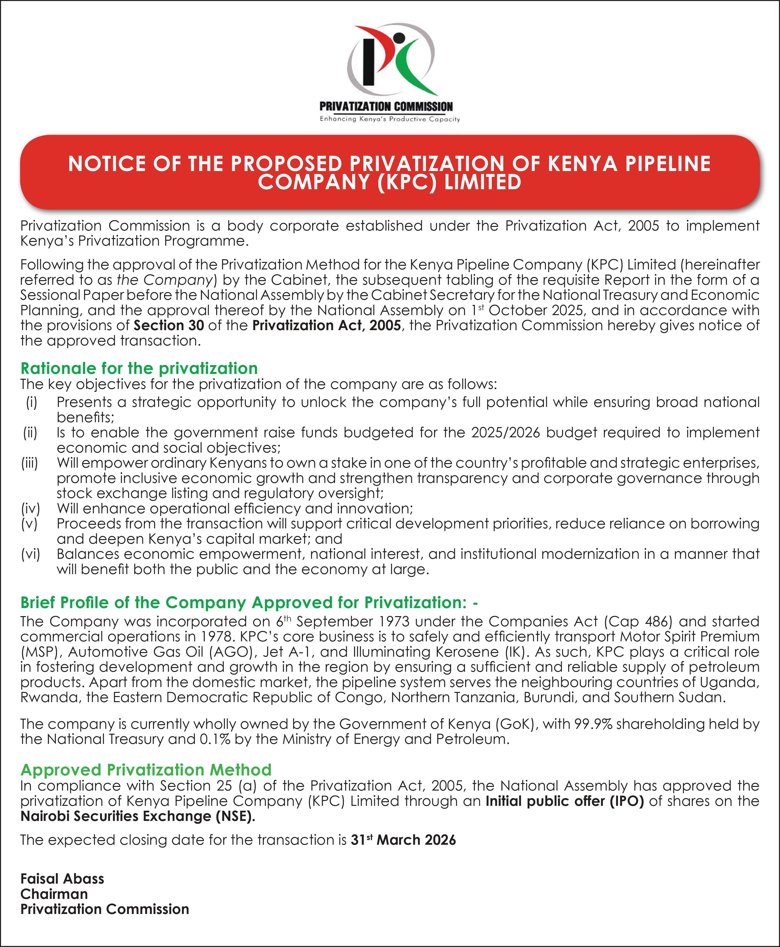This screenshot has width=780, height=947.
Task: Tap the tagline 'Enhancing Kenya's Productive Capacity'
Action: pos(390,119)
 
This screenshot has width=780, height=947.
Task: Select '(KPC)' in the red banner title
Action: pos(407,182)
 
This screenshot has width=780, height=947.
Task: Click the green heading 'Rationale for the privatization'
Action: pos(139,368)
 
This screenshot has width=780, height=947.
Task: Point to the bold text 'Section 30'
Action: pos(169,325)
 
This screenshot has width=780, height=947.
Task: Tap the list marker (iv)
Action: pos(31,508)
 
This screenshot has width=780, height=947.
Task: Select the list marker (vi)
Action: pos(31,554)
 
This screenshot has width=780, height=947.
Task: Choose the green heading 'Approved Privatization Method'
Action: pos(146,770)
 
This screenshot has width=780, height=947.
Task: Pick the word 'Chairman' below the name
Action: pos(54,894)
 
